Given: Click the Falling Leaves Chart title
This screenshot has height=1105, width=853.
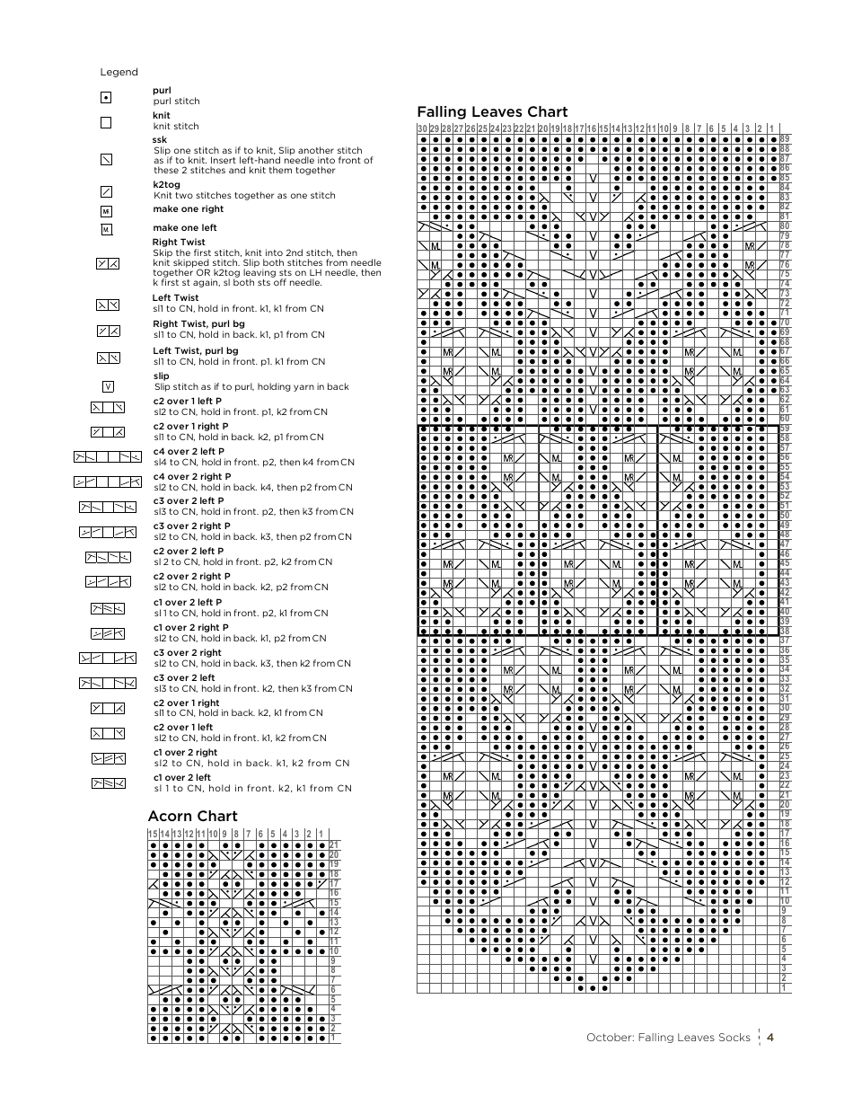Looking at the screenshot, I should (492, 111).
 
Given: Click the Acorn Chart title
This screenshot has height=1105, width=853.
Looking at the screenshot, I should (192, 816).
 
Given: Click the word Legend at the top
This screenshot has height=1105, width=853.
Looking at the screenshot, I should (119, 72).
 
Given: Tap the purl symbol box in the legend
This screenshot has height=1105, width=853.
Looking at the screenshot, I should (106, 97).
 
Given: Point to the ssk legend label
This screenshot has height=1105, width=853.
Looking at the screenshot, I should (160, 140).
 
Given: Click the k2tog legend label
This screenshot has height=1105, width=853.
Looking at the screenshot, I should (166, 185).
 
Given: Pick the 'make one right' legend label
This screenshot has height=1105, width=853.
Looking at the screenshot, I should (188, 209).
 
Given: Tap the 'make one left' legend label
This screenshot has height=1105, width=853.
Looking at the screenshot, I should (184, 228).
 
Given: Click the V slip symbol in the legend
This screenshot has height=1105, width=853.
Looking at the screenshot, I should (108, 386).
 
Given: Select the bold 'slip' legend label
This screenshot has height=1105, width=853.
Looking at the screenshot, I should (161, 376).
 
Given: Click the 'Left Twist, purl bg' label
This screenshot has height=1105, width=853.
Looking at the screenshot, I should (195, 351).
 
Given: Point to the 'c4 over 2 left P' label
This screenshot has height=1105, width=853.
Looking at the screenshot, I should (189, 451).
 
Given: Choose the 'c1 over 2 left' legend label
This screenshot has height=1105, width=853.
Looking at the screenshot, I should (181, 778).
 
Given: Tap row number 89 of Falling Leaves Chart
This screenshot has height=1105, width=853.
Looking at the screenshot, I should (785, 139).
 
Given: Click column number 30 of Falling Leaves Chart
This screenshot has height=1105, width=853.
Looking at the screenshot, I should (422, 128).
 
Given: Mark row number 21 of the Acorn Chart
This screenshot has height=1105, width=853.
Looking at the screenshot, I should (334, 845).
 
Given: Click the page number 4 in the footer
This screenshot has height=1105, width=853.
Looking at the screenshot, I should (770, 1038).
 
